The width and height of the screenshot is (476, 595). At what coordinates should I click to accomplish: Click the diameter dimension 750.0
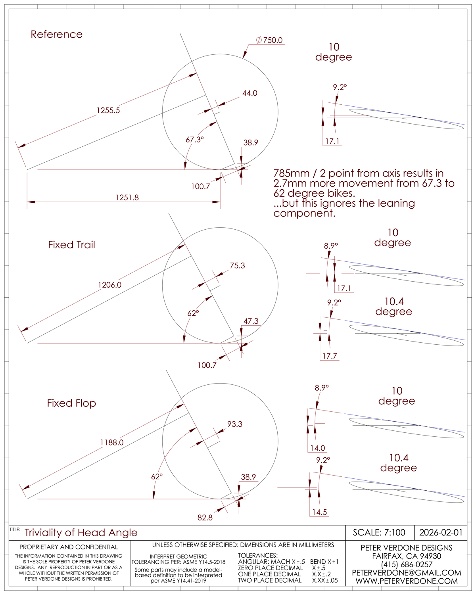272,40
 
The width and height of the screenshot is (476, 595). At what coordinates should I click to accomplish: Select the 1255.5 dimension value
108,110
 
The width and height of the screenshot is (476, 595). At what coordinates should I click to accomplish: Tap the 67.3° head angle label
194,140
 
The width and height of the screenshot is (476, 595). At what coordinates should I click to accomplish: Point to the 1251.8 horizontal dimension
127,198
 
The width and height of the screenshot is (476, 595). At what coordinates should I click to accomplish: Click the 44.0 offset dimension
250,93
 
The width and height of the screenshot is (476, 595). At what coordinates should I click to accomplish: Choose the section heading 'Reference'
57,35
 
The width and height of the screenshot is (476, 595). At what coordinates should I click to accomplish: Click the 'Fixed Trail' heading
71,245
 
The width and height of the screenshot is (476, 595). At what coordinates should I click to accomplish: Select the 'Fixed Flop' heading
71,403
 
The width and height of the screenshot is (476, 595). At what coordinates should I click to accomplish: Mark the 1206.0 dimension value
109,285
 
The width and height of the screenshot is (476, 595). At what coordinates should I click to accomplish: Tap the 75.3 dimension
237,266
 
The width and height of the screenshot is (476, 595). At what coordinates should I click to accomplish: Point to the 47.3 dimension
251,321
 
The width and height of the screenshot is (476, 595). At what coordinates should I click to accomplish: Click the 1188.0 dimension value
111,442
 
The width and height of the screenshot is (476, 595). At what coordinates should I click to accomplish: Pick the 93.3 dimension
234,424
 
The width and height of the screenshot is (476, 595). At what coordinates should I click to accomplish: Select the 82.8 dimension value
205,518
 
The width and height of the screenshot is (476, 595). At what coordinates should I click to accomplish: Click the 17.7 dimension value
329,356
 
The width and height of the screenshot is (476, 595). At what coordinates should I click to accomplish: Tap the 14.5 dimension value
319,512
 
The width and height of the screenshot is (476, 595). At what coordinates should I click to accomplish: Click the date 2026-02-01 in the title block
440,532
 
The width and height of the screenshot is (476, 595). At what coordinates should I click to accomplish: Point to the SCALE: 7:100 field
379,532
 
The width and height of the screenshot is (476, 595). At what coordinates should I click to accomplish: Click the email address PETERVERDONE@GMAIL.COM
406,573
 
